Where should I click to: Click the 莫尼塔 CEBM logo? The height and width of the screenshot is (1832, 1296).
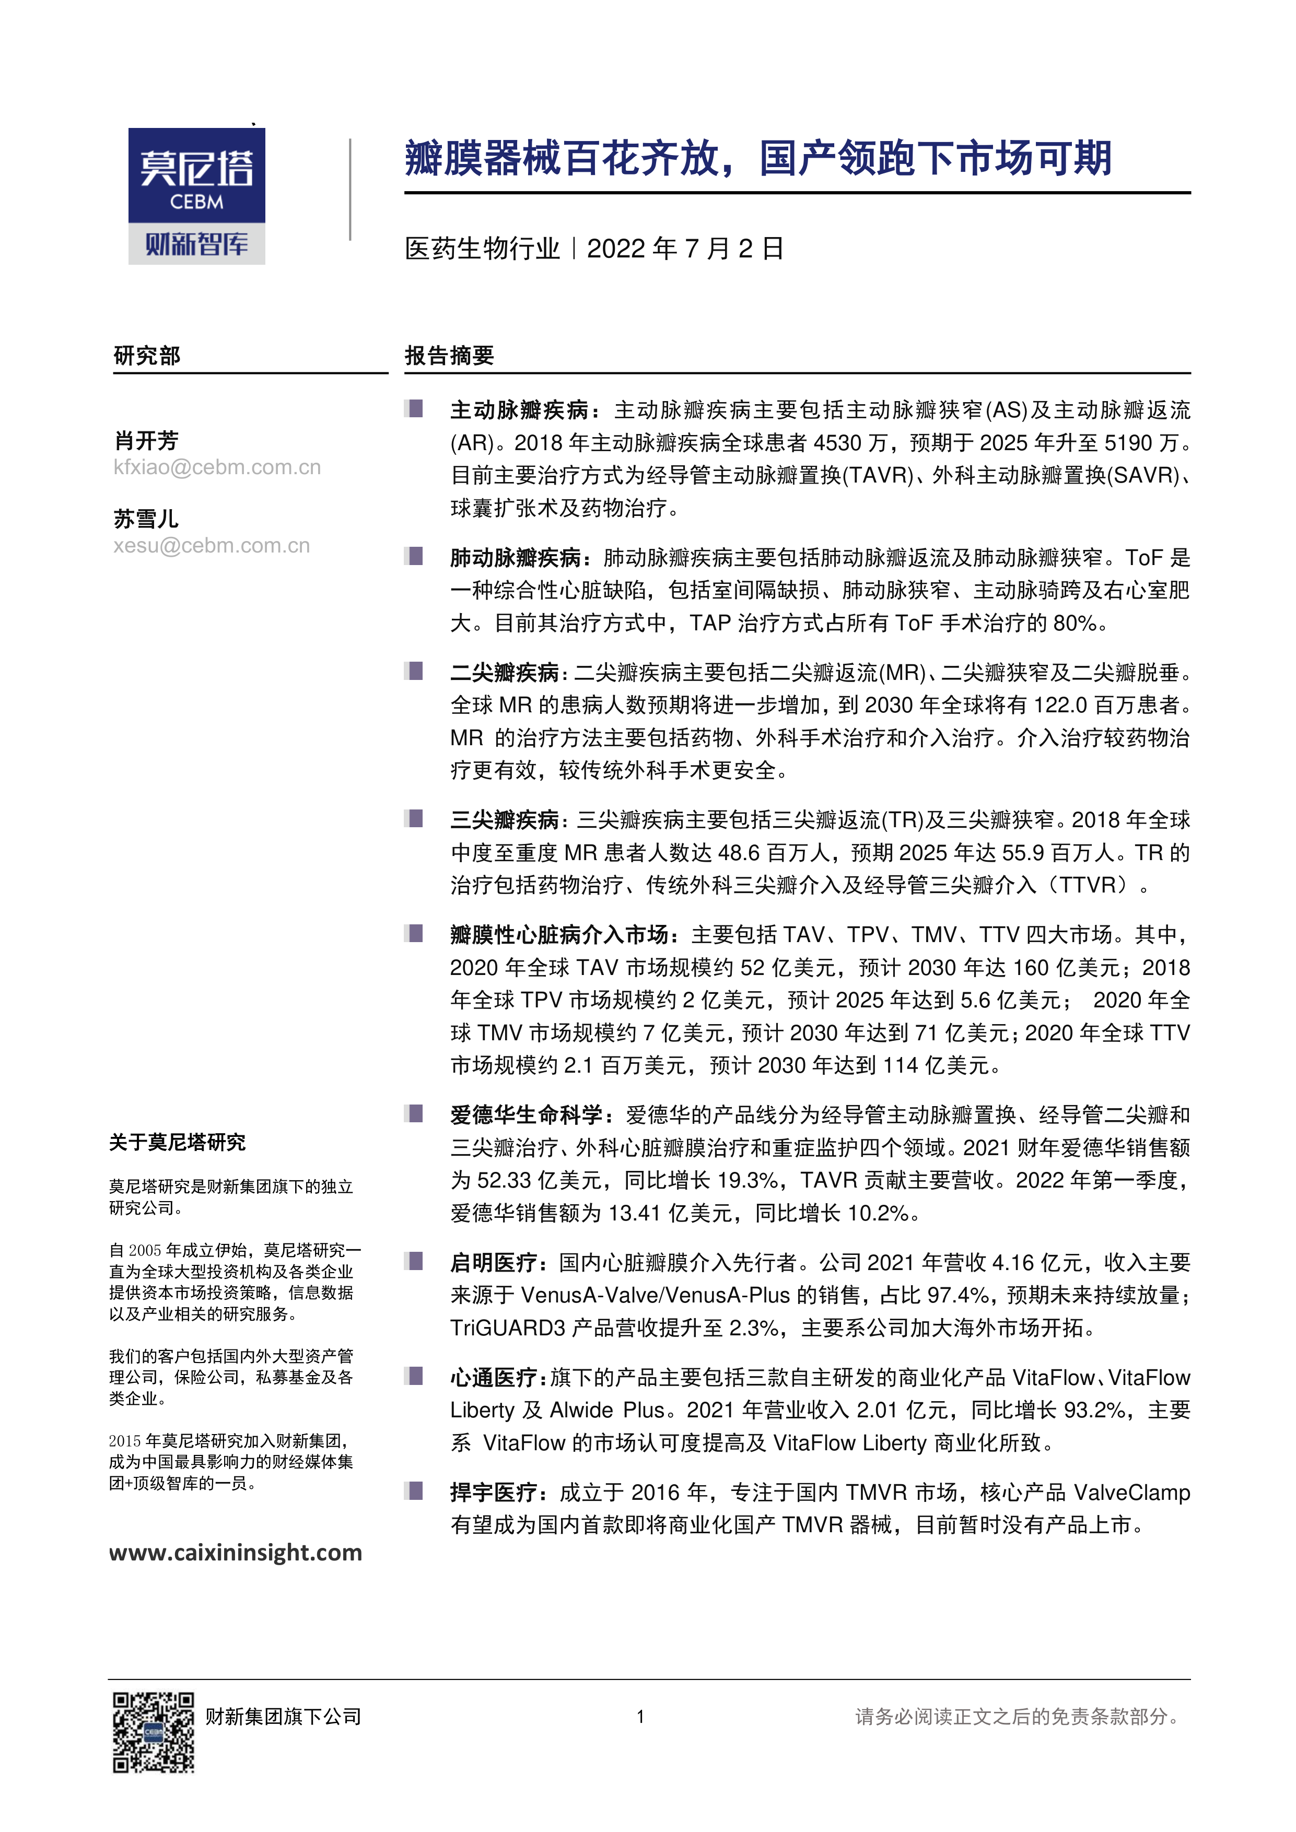point(196,195)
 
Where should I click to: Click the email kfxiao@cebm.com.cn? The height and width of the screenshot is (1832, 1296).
point(217,467)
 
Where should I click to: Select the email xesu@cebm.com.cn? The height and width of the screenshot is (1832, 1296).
point(212,546)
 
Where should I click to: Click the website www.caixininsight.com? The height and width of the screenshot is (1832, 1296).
point(236,1552)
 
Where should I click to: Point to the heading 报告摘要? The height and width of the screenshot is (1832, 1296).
point(449,356)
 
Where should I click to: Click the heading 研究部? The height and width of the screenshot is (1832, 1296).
point(147,356)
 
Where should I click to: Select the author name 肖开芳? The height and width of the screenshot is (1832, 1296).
point(146,440)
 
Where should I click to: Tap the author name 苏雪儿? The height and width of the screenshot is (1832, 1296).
point(146,519)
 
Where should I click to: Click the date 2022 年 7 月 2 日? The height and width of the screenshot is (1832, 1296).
point(685,249)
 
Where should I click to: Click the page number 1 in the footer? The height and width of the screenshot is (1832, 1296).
point(640,1716)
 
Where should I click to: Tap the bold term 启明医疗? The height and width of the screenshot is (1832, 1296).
point(494,1262)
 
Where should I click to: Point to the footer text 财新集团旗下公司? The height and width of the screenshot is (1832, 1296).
point(283,1716)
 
